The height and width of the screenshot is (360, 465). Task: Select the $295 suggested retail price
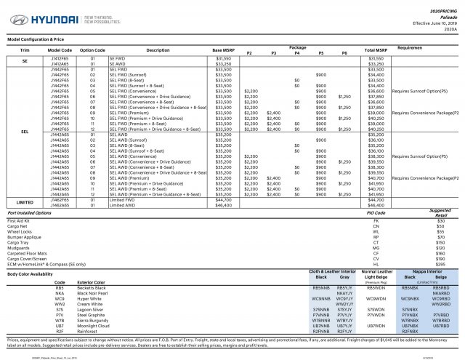440,264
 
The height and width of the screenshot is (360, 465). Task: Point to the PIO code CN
376,225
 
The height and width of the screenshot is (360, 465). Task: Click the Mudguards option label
18,247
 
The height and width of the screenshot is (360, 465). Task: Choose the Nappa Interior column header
425,271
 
